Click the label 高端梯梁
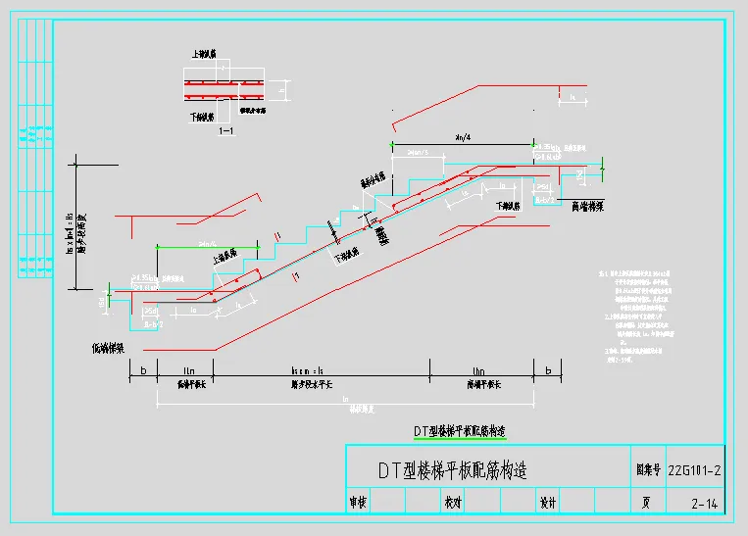click(x=585, y=206)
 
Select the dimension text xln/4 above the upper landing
click(x=460, y=136)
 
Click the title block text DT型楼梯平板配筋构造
click(x=453, y=471)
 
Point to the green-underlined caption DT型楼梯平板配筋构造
click(x=458, y=431)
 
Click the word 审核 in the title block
click(x=359, y=503)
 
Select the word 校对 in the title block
click(x=453, y=503)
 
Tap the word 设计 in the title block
click(x=548, y=503)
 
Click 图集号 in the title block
click(x=642, y=471)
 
